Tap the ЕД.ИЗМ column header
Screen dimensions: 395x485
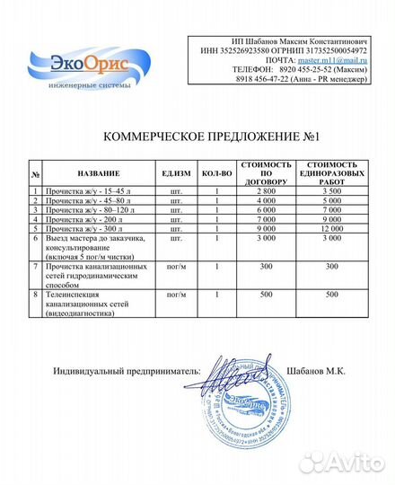175,173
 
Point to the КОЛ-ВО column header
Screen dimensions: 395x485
217,173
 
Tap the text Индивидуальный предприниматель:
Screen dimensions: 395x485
125,371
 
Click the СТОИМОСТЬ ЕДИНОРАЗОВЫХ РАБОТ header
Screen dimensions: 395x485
332,173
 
